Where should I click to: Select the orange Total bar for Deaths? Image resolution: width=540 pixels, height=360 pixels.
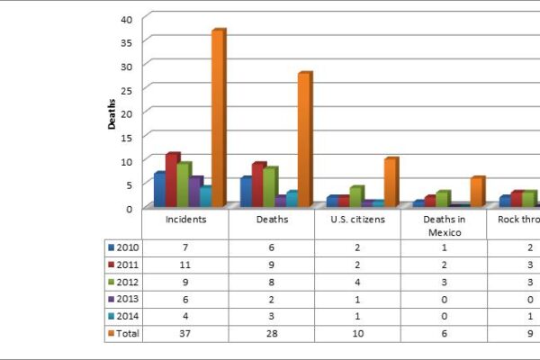pyautogui.click(x=304, y=139)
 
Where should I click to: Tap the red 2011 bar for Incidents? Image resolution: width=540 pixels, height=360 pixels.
pyautogui.click(x=172, y=180)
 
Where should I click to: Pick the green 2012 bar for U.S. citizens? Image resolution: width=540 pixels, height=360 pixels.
pyautogui.click(x=357, y=196)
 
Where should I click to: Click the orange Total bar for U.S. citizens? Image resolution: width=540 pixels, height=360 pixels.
pyautogui.click(x=390, y=182)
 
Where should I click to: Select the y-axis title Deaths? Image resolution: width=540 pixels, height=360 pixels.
pyautogui.click(x=112, y=114)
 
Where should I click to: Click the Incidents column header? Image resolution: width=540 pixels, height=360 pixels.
pyautogui.click(x=185, y=219)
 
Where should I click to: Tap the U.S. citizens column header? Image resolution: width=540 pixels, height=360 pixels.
pyautogui.click(x=357, y=219)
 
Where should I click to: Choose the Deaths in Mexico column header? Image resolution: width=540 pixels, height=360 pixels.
pyautogui.click(x=444, y=225)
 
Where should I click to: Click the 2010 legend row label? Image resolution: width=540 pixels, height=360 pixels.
pyautogui.click(x=126, y=247)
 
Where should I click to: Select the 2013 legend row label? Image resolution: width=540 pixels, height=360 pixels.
pyautogui.click(x=126, y=299)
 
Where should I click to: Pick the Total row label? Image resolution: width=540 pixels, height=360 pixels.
pyautogui.click(x=126, y=333)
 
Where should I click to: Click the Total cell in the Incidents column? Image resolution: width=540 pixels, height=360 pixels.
pyautogui.click(x=185, y=333)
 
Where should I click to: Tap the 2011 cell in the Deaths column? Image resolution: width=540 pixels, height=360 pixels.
pyautogui.click(x=272, y=265)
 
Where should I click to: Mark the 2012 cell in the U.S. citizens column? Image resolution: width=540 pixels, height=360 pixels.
pyautogui.click(x=357, y=282)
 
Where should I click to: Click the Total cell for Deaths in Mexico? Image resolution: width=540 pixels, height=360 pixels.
pyautogui.click(x=444, y=333)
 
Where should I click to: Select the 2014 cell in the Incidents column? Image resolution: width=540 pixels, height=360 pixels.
pyautogui.click(x=185, y=316)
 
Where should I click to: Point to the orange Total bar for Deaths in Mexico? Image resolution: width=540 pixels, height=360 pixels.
pyautogui.click(x=476, y=192)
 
